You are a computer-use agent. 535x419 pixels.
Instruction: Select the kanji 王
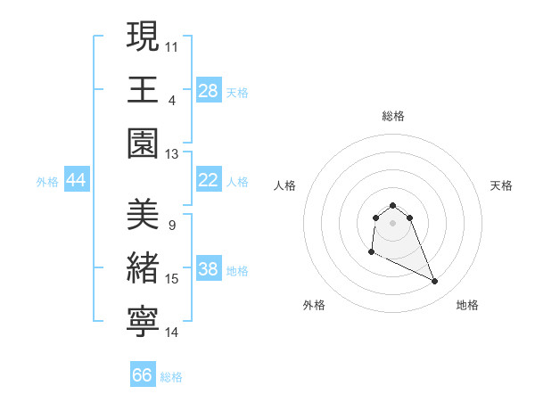point(144,89)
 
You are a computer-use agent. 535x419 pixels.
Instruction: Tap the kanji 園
point(144,144)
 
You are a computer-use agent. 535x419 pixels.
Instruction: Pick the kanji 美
point(144,215)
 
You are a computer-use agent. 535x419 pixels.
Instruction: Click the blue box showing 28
point(209,90)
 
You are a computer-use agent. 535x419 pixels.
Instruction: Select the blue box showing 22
point(209,180)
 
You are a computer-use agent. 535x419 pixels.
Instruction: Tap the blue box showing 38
point(209,269)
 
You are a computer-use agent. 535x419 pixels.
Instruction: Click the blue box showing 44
point(77,180)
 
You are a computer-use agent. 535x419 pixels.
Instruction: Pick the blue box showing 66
point(143,375)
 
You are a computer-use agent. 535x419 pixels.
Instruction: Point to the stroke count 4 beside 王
point(172,100)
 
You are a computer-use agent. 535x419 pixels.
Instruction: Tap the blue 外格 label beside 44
point(47,182)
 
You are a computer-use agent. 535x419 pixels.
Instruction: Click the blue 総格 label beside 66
point(171,377)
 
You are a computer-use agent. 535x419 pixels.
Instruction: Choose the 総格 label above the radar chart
point(392,116)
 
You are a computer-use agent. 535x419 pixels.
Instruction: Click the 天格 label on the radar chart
point(502,185)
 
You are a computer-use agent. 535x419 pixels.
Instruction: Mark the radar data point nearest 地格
point(435,282)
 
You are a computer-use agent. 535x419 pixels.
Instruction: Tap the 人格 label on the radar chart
point(285,185)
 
